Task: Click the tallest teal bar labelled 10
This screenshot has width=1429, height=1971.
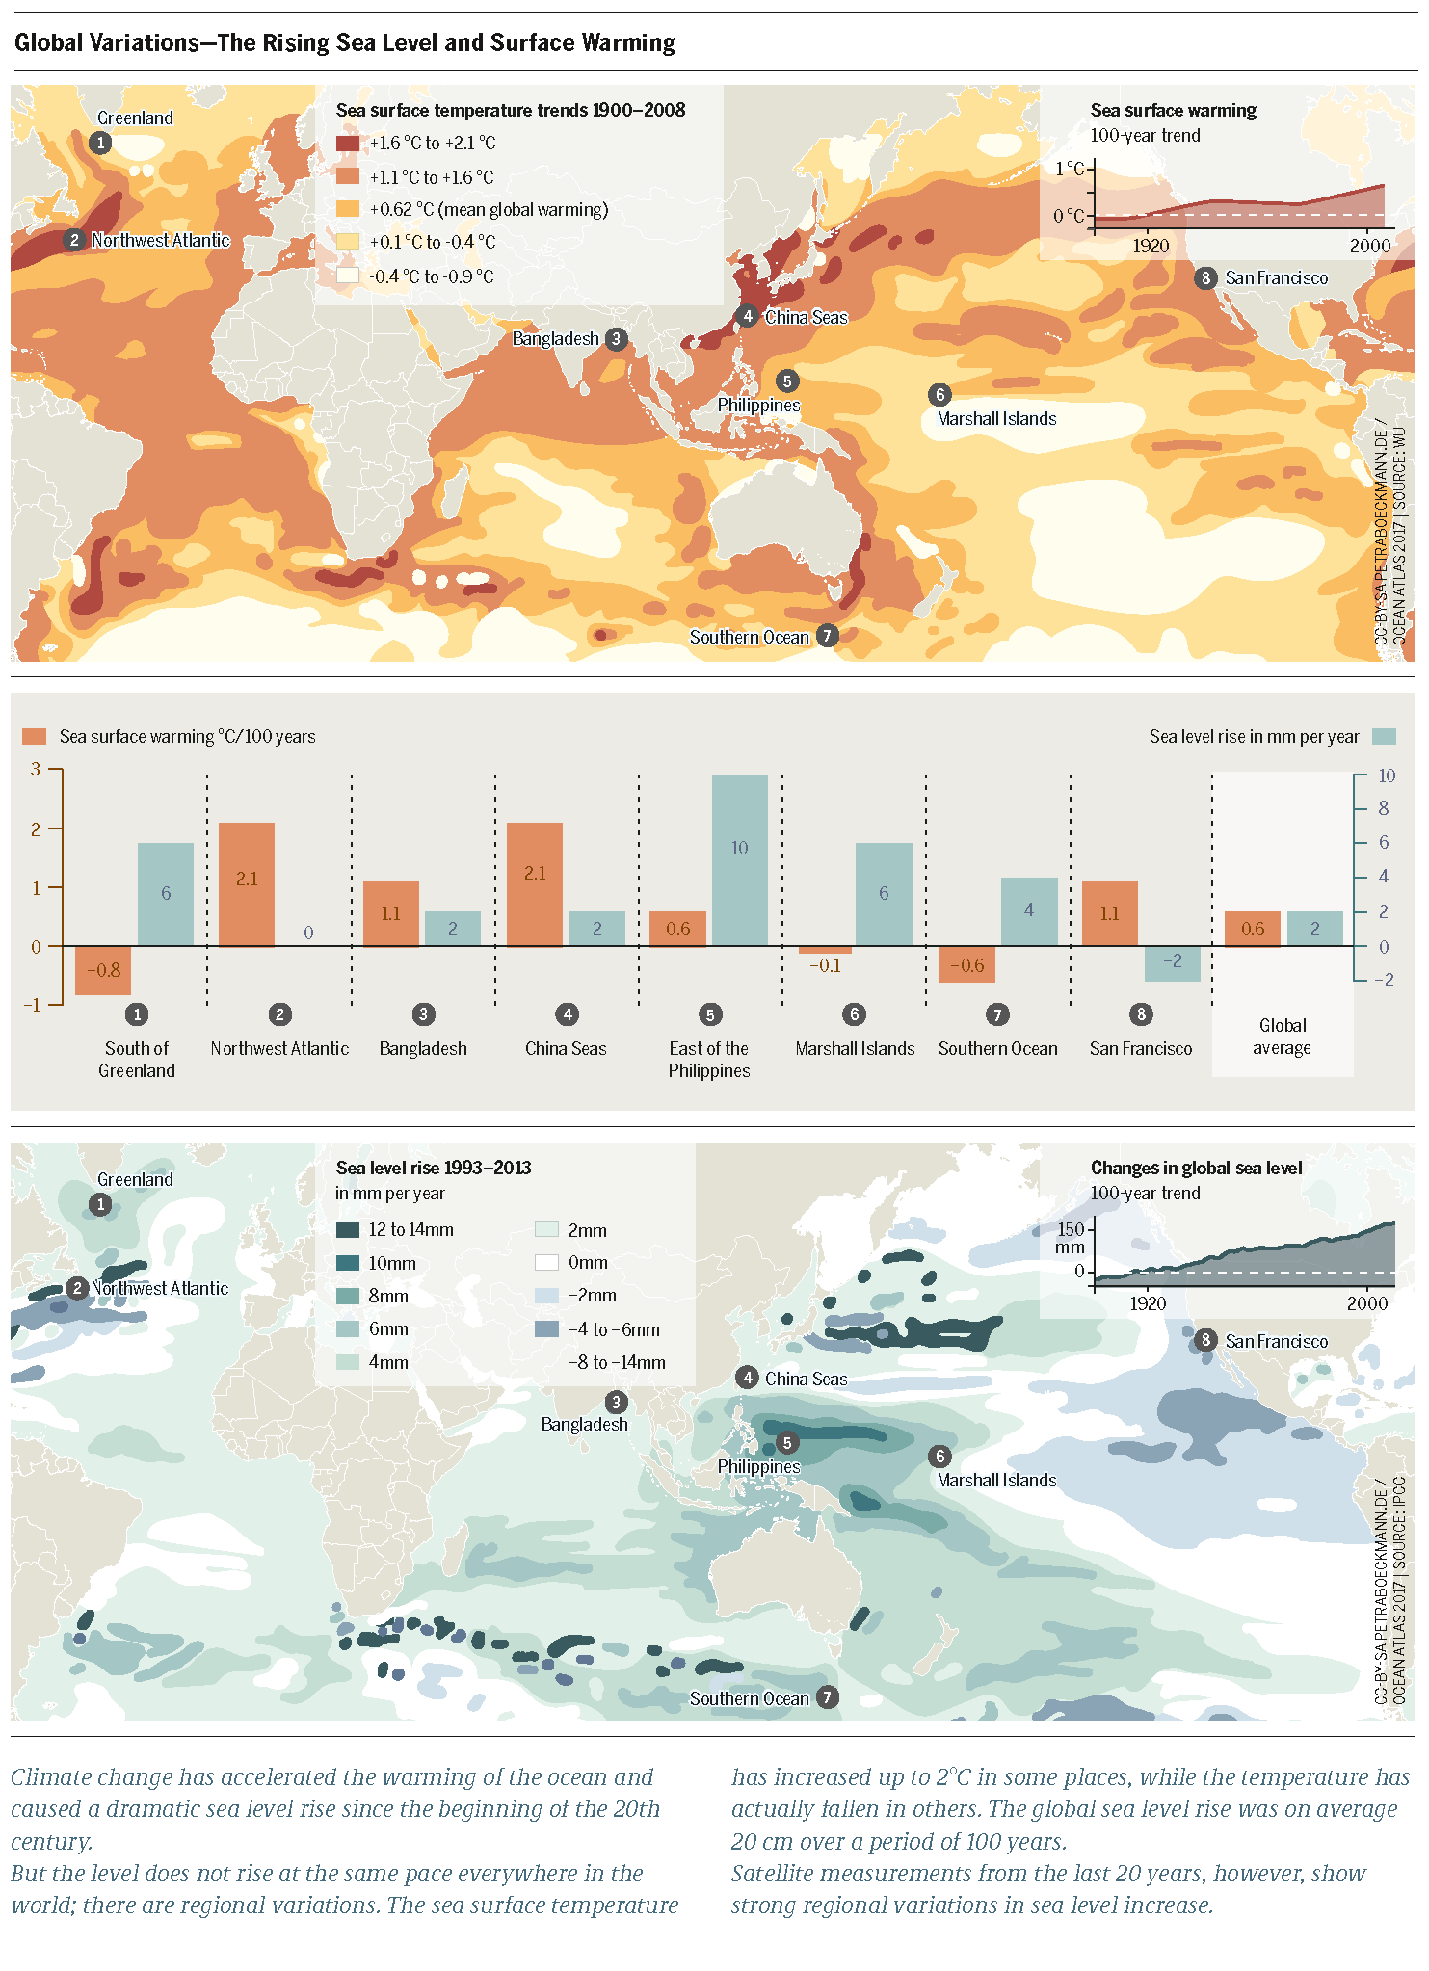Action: point(739,859)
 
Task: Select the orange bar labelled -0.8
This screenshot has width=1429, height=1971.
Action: point(103,970)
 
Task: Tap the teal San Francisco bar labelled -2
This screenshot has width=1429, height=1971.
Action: point(1172,963)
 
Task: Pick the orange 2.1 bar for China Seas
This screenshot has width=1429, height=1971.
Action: point(535,883)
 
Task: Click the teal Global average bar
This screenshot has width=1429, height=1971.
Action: point(1314,929)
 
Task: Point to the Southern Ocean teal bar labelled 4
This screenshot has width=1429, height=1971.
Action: point(1028,911)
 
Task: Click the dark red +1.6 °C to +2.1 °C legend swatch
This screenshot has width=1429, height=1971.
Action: point(348,144)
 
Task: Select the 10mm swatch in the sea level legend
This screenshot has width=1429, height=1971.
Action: point(348,1263)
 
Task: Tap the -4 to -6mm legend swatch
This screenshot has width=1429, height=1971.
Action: point(546,1329)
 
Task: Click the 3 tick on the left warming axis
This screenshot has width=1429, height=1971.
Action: point(36,769)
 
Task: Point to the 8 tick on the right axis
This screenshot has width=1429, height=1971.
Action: point(1383,809)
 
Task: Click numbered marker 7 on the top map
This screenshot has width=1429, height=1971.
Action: point(827,636)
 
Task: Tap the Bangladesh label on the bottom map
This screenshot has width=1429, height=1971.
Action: point(584,1424)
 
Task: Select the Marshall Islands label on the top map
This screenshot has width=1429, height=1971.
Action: point(996,419)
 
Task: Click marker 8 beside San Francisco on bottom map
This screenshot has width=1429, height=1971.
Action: point(1205,1340)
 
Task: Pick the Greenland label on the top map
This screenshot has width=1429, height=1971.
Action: point(135,118)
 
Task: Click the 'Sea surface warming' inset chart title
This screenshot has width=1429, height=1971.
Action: point(1173,111)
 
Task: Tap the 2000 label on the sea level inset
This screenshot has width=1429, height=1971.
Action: point(1366,1303)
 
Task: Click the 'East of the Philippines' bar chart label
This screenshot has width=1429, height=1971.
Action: point(708,1060)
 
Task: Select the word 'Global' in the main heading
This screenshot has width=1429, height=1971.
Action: point(59,43)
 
